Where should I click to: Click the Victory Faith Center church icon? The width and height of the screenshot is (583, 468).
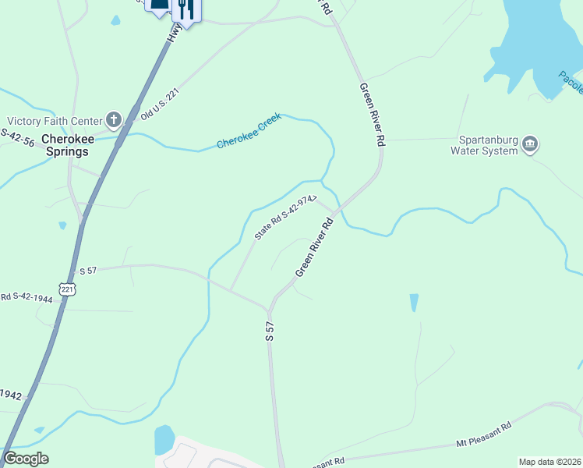click(x=114, y=120)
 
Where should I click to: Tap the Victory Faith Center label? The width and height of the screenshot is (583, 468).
click(x=55, y=121)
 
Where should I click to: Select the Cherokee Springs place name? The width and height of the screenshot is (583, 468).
click(x=67, y=145)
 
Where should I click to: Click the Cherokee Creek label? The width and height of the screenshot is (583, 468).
click(x=248, y=132)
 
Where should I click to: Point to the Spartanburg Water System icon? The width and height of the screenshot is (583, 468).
click(x=529, y=144)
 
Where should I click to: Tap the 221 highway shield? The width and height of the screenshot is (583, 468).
click(x=67, y=288)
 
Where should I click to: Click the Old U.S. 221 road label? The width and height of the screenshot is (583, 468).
click(x=158, y=102)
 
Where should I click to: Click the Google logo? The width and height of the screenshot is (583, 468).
click(x=26, y=459)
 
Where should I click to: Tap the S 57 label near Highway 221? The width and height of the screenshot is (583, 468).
click(x=88, y=271)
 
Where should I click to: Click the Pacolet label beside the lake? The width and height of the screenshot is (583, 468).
click(x=570, y=80)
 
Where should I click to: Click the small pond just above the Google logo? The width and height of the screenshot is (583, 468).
click(x=37, y=430)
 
